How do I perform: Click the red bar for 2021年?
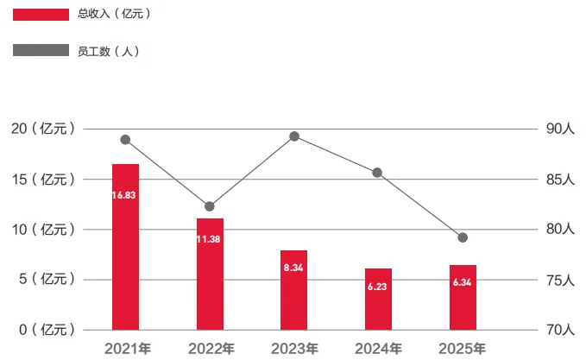click(x=125, y=247)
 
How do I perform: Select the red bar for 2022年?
click(x=210, y=274)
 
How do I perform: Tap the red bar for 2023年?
click(x=294, y=290)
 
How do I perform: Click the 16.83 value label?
click(x=125, y=196)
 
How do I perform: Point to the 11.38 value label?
click(x=210, y=239)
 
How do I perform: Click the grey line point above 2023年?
click(x=294, y=136)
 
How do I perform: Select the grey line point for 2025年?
click(x=463, y=237)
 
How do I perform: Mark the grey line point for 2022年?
click(x=210, y=206)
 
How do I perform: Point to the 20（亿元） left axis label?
click(x=42, y=129)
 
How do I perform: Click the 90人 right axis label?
click(x=559, y=129)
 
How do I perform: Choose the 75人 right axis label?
click(x=559, y=280)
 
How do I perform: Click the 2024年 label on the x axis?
click(x=378, y=349)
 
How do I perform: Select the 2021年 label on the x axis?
click(x=125, y=349)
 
